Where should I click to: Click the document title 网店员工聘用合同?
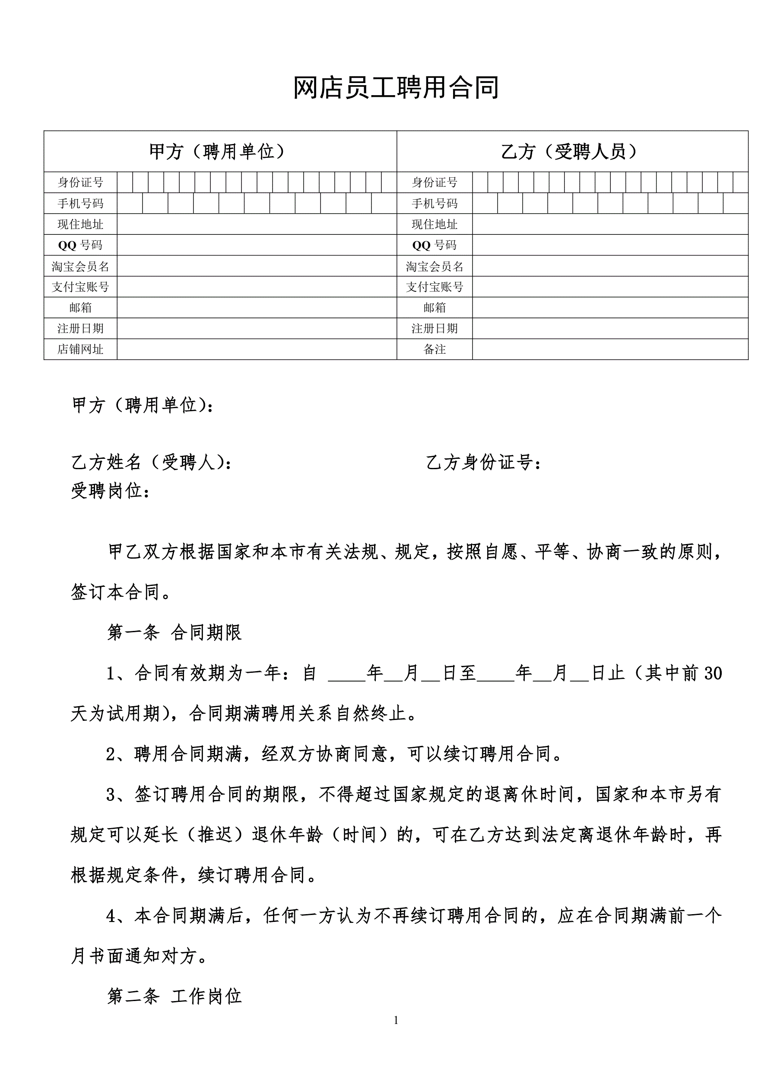396,88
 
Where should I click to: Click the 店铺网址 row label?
80,349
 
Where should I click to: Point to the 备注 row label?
435,349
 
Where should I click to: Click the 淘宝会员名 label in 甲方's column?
80,266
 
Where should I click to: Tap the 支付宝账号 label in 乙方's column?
435,287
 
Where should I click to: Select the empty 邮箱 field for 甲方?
257,307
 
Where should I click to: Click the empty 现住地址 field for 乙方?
610,224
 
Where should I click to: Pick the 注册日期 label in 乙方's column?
435,328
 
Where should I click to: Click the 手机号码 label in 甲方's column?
80,203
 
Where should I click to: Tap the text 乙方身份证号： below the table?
484,462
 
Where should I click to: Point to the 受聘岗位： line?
111,490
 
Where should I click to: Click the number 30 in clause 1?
713,673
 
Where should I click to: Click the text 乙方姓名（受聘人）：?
152,462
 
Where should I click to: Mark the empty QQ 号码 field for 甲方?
257,245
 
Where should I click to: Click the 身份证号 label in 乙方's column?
435,182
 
